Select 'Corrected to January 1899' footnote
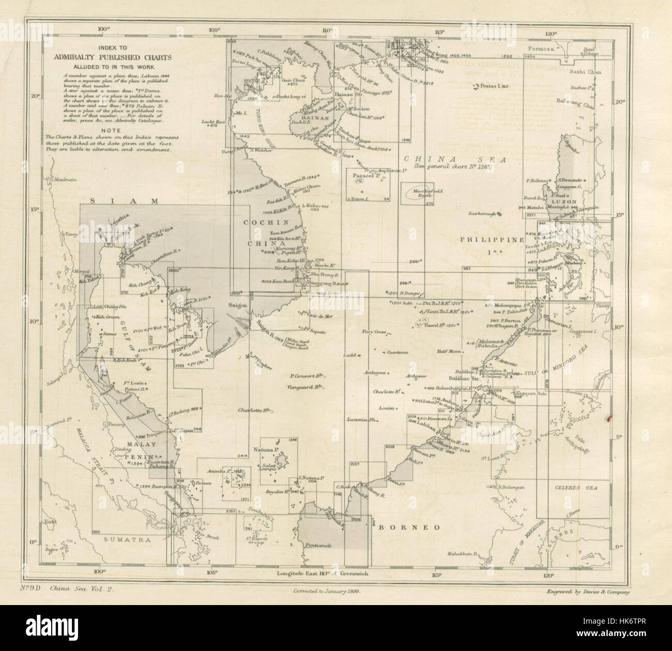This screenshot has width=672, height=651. (x=326, y=594)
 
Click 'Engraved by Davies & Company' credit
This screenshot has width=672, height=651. (x=588, y=593)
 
